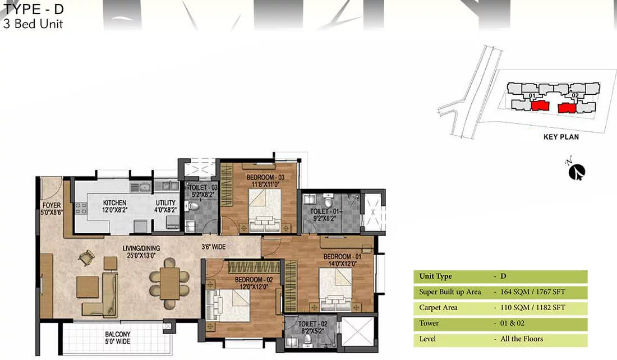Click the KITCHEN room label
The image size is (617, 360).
114,202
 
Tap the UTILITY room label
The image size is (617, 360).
165,202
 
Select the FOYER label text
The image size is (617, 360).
52,205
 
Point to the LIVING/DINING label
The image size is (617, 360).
141,248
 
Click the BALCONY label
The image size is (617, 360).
118,334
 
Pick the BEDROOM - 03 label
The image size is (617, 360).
266,177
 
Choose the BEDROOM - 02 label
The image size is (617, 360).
254,280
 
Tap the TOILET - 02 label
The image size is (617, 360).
313,324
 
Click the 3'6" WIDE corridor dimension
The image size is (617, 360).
214,247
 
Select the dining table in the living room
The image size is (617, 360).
169,283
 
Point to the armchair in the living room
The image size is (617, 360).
86,258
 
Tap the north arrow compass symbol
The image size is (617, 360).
577,172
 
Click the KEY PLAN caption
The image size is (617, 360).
561,137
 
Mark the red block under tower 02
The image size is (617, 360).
567,108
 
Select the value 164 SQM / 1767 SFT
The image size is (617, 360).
533,292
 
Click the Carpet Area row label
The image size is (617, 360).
439,308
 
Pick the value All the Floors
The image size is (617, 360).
522,339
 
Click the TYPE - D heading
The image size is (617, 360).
34,8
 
